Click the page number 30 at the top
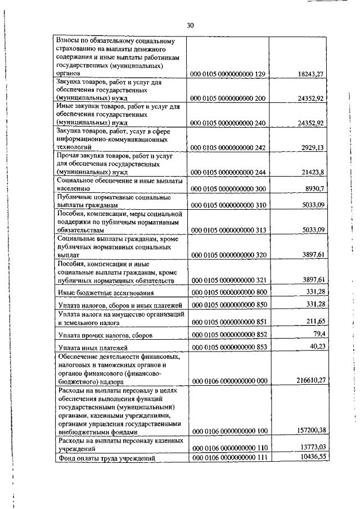[190, 25]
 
